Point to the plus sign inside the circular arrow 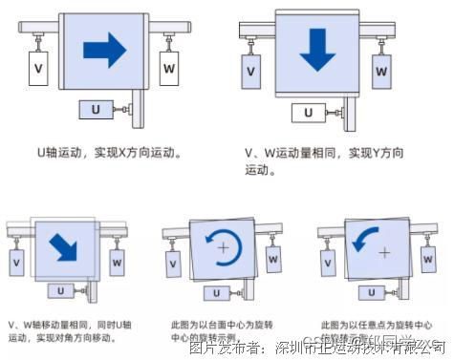coord(224,247)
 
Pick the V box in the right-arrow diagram coord(39,70)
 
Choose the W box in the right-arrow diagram coord(169,69)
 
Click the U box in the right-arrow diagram coord(94,111)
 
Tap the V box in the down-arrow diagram coord(250,72)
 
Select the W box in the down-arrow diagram coord(380,72)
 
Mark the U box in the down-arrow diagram coord(307,113)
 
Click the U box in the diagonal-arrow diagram coord(60,291)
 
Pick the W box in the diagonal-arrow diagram coord(119,259)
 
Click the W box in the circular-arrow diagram coord(272,257)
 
